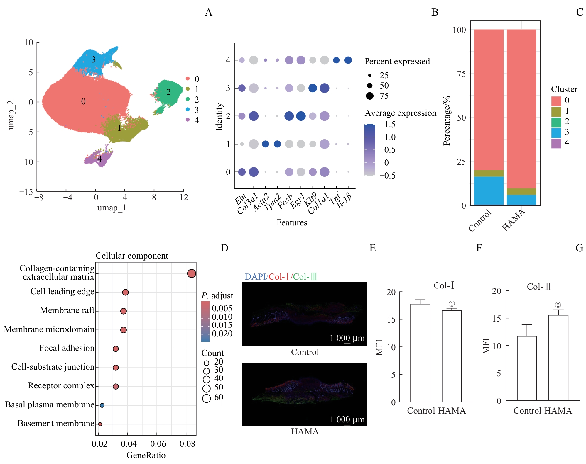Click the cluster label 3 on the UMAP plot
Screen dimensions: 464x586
pyautogui.click(x=94, y=60)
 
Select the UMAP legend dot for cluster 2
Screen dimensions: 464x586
pyautogui.click(x=188, y=99)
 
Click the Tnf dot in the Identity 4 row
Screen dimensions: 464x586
pyautogui.click(x=336, y=60)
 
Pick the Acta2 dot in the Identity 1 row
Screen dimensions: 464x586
pyautogui.click(x=266, y=144)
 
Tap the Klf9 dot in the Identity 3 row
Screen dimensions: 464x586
pyautogui.click(x=313, y=88)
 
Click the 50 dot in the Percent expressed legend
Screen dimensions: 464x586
pyautogui.click(x=370, y=86)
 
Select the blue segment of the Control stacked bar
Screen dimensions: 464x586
pyautogui.click(x=489, y=191)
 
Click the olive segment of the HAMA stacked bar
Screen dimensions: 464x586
pyautogui.click(x=521, y=191)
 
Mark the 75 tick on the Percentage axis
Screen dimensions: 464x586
pyautogui.click(x=462, y=74)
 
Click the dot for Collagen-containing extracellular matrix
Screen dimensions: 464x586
pyautogui.click(x=191, y=273)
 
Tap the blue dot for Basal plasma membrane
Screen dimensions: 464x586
pyautogui.click(x=102, y=405)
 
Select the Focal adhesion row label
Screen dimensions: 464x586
pyautogui.click(x=67, y=348)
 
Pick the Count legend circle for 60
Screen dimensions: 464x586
pyautogui.click(x=207, y=398)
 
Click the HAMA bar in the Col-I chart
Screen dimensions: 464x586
pyautogui.click(x=452, y=356)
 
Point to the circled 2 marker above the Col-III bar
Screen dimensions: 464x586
pyautogui.click(x=558, y=305)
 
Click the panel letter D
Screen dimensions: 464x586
pyautogui.click(x=224, y=248)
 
